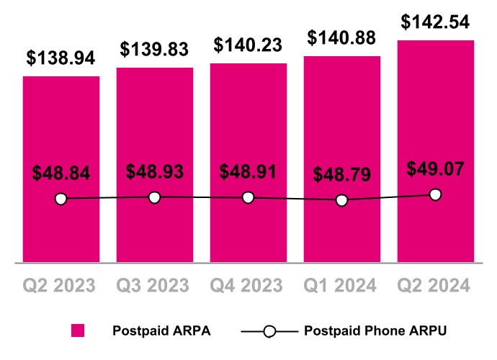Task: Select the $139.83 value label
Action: pyautogui.click(x=154, y=50)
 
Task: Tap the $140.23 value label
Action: pyautogui.click(x=248, y=45)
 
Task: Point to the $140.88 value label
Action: pyautogui.click(x=341, y=37)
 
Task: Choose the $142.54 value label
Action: pyautogui.click(x=435, y=22)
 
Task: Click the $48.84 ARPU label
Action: pyautogui.click(x=61, y=174)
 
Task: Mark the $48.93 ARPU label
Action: pyautogui.click(x=154, y=172)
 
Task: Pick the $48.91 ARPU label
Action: pyautogui.click(x=248, y=173)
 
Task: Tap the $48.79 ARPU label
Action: pyautogui.click(x=341, y=175)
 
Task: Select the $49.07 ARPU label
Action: pyautogui.click(x=435, y=169)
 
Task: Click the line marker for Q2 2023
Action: pyautogui.click(x=61, y=199)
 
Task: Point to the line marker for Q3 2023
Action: pyautogui.click(x=154, y=197)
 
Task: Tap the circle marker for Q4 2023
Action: pyautogui.click(x=248, y=197)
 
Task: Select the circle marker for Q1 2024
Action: pyautogui.click(x=341, y=200)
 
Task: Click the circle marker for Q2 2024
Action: pyautogui.click(x=435, y=194)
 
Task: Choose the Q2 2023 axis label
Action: pyautogui.click(x=61, y=286)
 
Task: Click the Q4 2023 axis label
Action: pyautogui.click(x=248, y=286)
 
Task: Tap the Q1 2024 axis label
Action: pyautogui.click(x=341, y=286)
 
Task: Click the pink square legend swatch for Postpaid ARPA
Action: pyautogui.click(x=78, y=331)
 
